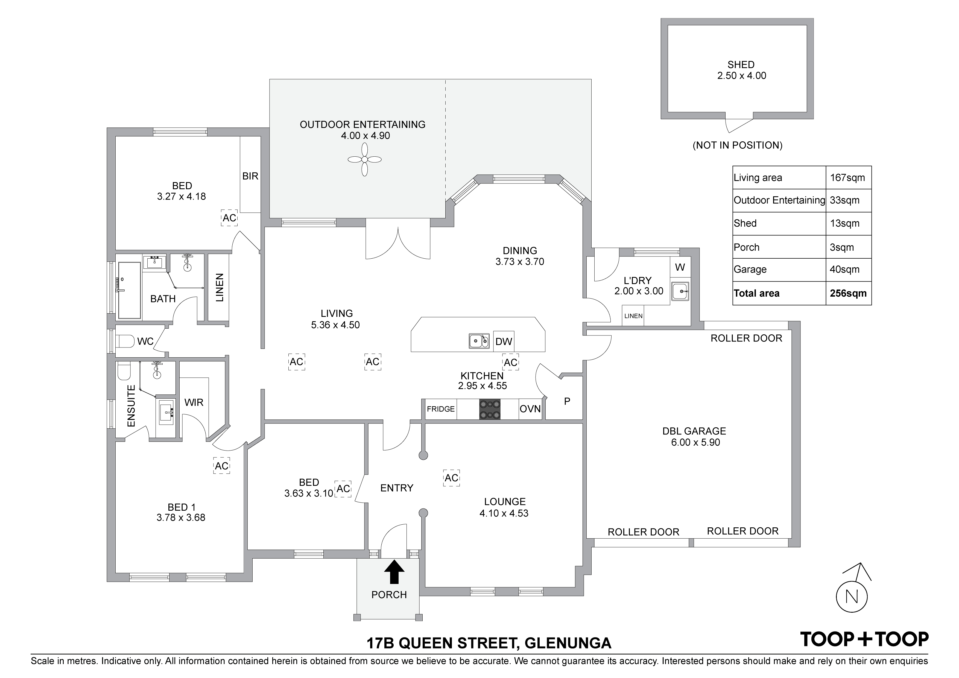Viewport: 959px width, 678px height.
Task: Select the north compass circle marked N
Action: coord(852,596)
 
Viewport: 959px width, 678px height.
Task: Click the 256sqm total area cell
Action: coord(848,293)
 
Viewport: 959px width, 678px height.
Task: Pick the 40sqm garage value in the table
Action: coord(844,270)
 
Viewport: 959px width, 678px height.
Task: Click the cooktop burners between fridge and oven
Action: coord(490,409)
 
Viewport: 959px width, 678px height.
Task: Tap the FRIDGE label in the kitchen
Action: coord(441,409)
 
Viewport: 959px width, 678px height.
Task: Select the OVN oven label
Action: coord(530,409)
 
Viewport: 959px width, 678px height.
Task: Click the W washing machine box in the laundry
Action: coord(680,267)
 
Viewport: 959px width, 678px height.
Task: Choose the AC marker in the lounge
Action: coord(452,478)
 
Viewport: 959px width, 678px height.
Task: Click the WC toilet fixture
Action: coord(124,341)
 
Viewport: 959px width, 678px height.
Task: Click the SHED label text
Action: coord(741,65)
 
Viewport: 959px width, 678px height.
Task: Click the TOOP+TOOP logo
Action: coord(864,639)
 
